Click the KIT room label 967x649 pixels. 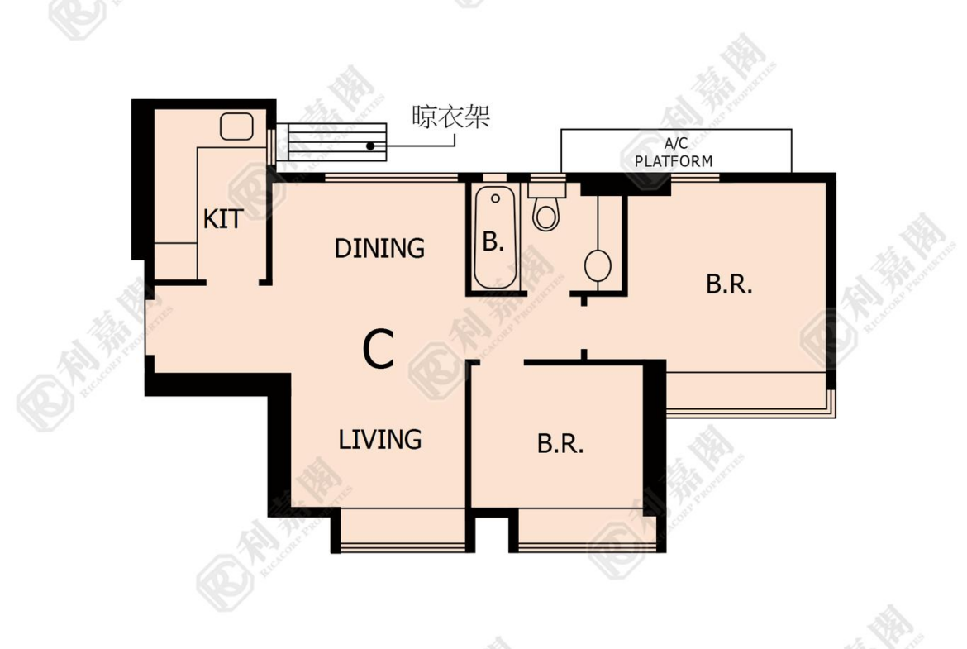pos(222,219)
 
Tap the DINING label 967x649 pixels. pos(379,248)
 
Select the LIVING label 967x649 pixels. pos(380,439)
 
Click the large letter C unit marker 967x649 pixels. pos(378,349)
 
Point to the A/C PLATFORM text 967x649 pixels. pos(674,152)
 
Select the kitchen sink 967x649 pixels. pos(237,126)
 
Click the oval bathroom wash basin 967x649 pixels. pos(598,266)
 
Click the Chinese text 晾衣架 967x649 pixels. pos(450,116)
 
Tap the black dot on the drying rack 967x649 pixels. pos(370,146)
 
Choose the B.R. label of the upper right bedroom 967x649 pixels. pos(729,284)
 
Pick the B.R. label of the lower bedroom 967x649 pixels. pos(560,444)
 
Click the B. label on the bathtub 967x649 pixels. pos(493,241)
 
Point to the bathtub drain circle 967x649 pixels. pos(495,198)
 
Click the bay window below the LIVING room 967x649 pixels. pos(403,530)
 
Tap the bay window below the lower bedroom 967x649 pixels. pos(587,530)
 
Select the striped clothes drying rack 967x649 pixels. pos(331,142)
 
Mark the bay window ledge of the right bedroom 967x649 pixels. pos(750,395)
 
